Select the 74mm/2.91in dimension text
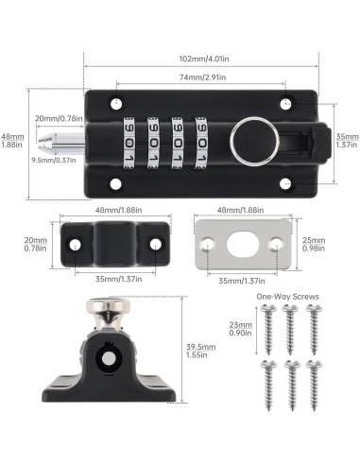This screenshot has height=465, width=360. tap(200, 80)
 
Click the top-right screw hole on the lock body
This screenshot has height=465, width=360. tap(283, 102)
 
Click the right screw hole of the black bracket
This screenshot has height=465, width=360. tap(154, 245)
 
